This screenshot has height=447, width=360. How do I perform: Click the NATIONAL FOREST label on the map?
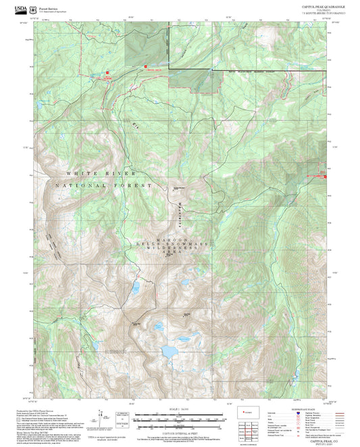point(114,184)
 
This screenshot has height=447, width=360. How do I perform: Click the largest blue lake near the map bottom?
point(168,352)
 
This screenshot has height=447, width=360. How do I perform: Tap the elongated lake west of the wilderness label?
point(135,290)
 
